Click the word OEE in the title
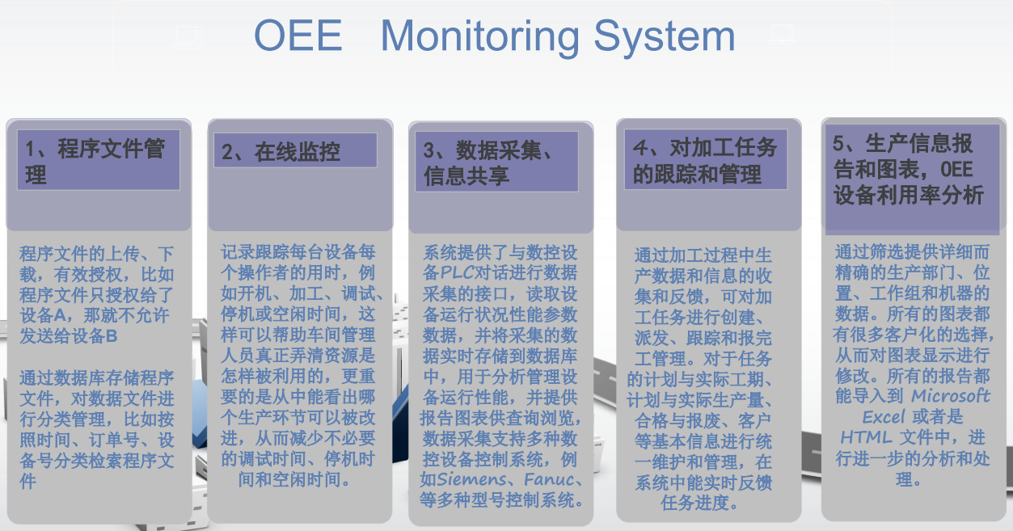click(x=298, y=36)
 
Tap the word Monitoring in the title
click(x=479, y=38)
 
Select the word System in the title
click(x=665, y=38)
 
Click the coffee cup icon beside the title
click(x=188, y=37)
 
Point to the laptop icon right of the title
click(x=782, y=34)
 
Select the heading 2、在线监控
click(x=281, y=152)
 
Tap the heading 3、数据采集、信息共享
click(x=488, y=162)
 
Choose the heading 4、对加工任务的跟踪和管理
click(x=705, y=161)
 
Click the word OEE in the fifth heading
click(x=956, y=170)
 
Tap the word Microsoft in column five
click(x=951, y=396)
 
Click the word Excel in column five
click(x=884, y=417)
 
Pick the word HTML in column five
click(x=866, y=437)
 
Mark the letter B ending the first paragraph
click(x=112, y=335)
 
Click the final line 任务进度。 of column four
click(x=699, y=503)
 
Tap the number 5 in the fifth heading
click(x=838, y=143)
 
